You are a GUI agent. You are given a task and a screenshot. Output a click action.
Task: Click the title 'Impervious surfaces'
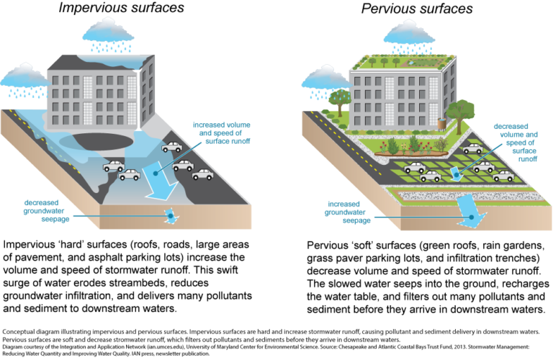121,8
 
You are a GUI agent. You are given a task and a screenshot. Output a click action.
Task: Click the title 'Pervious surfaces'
417,9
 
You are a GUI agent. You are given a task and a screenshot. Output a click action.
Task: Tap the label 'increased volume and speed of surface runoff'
222,133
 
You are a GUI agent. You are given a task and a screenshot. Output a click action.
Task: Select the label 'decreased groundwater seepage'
46,211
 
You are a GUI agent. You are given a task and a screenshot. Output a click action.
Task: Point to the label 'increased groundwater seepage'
347,212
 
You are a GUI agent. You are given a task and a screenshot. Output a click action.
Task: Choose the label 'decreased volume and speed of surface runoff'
516,143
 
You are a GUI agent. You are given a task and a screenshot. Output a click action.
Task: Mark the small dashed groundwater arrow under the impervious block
172,216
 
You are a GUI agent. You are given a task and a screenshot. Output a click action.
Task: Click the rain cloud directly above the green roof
410,36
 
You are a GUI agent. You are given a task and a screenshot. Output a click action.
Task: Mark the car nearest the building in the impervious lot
172,147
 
